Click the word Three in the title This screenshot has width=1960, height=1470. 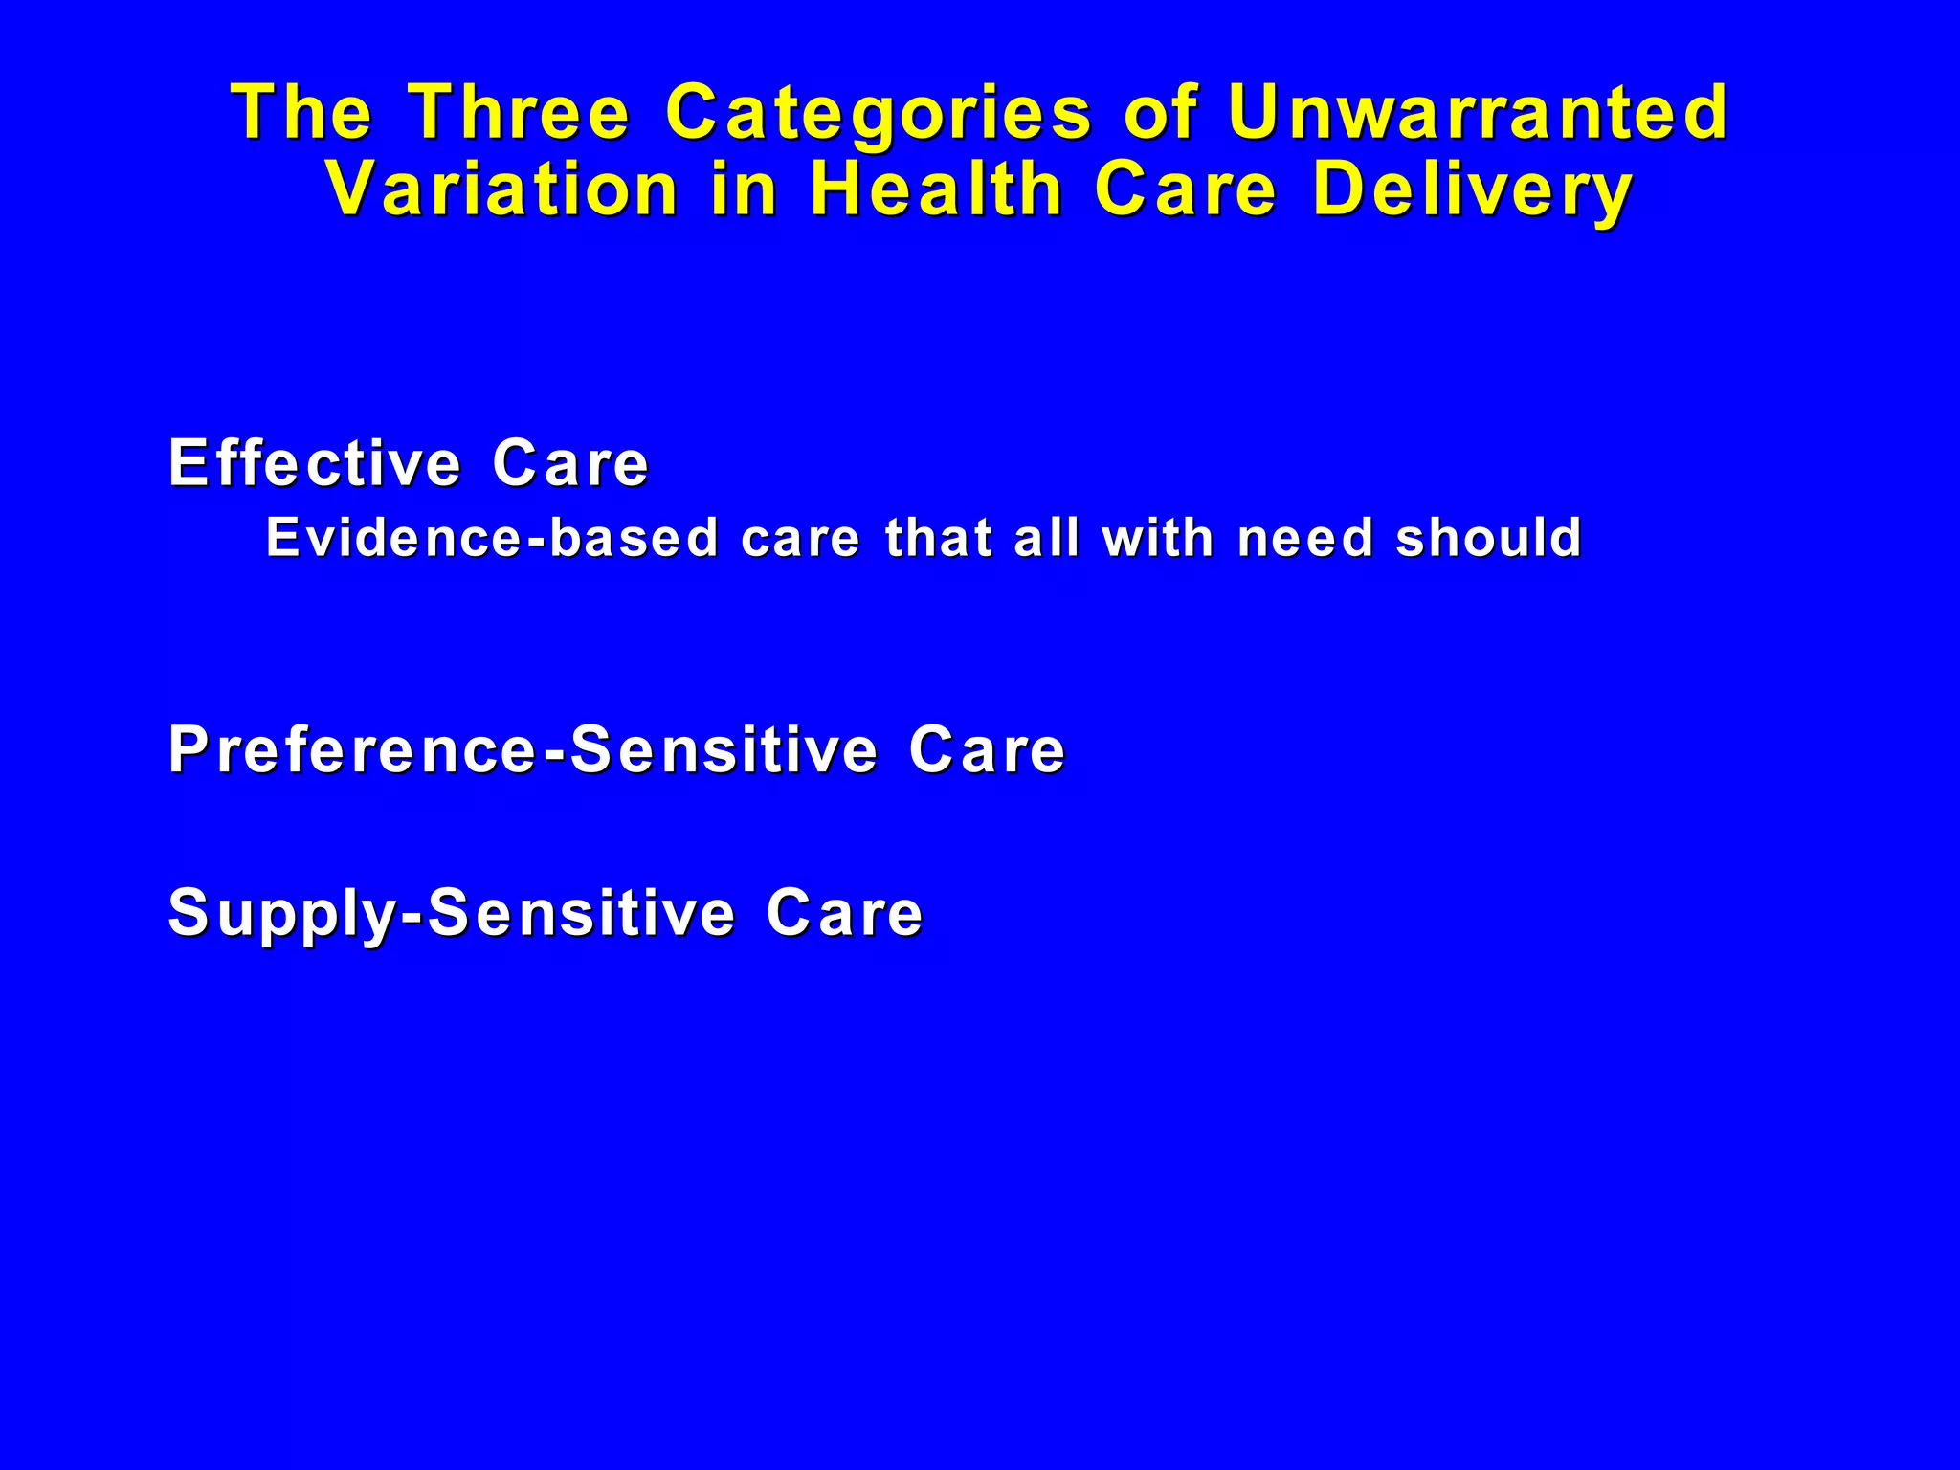click(520, 113)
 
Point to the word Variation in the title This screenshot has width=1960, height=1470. click(502, 189)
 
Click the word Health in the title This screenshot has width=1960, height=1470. click(936, 189)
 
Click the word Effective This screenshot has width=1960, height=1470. click(315, 463)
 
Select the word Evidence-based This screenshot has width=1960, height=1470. click(492, 538)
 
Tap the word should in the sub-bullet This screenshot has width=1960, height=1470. click(1488, 538)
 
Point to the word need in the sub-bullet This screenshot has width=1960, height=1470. click(1305, 538)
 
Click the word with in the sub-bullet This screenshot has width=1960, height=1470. click(1157, 538)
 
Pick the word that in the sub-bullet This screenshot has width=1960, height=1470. click(938, 538)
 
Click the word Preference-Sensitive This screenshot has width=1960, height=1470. click(523, 749)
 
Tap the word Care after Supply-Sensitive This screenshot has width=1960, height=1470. click(844, 913)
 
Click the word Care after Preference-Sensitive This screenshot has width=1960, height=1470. click(987, 749)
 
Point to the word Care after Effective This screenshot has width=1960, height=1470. click(570, 463)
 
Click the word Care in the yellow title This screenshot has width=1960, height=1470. click(1185, 189)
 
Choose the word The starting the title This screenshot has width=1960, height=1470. click(301, 113)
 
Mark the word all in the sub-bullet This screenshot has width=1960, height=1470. click(1045, 538)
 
